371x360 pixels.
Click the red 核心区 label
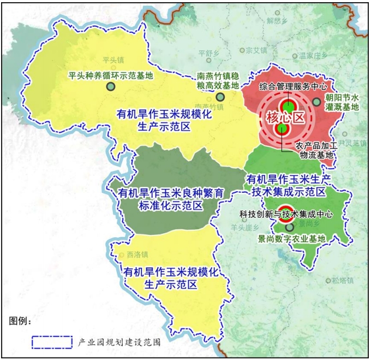(284, 117)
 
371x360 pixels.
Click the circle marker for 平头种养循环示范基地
(111, 86)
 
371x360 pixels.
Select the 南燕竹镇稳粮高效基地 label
(218, 81)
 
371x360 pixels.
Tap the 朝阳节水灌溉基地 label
(342, 102)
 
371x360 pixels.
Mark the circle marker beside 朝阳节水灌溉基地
(317, 102)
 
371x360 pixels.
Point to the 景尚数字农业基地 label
(291, 239)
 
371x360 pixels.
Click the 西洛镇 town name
(137, 255)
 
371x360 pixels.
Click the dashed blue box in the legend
(52, 342)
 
